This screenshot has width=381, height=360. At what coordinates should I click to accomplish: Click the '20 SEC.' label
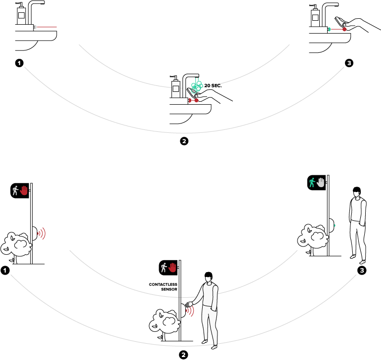tap(213, 85)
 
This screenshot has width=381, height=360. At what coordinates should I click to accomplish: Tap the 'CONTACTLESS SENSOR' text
tap(163, 287)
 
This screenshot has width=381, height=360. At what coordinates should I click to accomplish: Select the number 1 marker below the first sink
tap(19, 63)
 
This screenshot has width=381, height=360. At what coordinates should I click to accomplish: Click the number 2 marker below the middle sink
tap(184, 141)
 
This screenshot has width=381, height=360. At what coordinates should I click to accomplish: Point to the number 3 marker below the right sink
tap(349, 63)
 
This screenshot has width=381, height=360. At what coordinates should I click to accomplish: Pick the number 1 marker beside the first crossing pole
tap(5, 270)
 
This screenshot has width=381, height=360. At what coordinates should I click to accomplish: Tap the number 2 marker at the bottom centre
tap(183, 355)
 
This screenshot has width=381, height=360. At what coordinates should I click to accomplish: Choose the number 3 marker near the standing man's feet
tap(362, 270)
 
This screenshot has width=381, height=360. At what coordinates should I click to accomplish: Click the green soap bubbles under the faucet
tap(197, 86)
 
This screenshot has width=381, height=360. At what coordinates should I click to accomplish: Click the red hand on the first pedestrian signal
tap(24, 190)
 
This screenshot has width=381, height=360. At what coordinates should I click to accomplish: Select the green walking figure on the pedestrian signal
tap(312, 182)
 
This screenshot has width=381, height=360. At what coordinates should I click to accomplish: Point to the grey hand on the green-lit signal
tap(321, 182)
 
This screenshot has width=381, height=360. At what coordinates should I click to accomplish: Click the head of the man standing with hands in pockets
tap(357, 192)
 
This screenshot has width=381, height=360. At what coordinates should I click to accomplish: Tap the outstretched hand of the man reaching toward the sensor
tap(189, 304)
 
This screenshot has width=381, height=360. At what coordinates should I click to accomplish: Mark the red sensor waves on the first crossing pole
tap(42, 234)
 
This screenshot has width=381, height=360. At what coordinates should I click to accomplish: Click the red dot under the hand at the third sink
tap(344, 29)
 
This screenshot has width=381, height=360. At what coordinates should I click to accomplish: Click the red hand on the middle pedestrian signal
tap(172, 268)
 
